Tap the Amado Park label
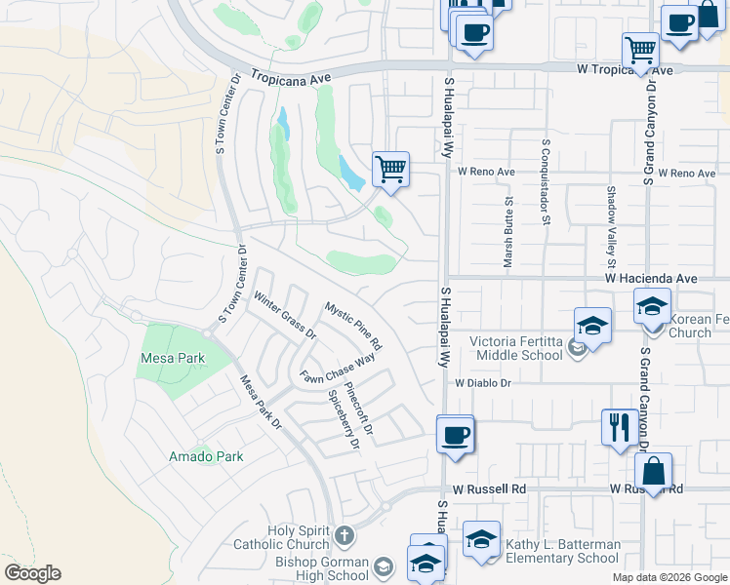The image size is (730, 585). click(205, 455)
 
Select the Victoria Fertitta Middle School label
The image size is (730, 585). click(517, 348)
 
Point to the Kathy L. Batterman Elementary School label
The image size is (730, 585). click(562, 551)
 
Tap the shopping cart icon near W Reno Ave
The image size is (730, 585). click(390, 170)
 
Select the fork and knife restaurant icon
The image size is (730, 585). click(620, 427)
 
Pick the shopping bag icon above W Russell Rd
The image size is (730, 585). click(653, 470)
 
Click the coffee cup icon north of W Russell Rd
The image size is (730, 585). click(454, 433)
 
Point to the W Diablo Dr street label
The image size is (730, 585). click(482, 383)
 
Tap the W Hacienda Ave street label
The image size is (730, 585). click(651, 278)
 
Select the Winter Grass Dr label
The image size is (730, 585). click(285, 314)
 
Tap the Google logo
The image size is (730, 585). click(32, 573)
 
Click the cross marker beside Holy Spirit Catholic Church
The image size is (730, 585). click(344, 534)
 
